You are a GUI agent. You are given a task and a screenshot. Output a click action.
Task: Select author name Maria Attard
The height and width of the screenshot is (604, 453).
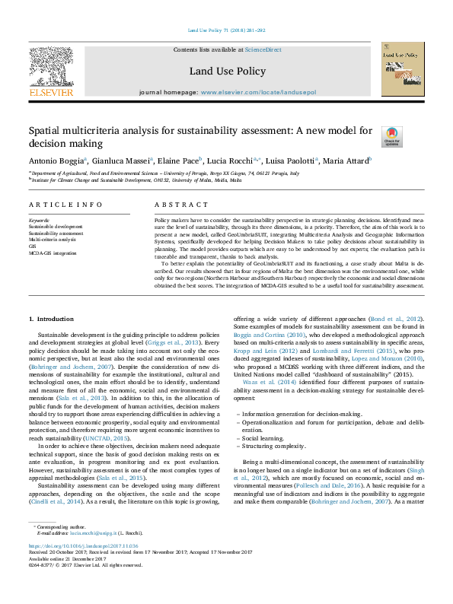coord(344,161)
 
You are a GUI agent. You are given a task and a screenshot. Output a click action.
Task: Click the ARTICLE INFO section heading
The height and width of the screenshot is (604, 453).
coord(65,205)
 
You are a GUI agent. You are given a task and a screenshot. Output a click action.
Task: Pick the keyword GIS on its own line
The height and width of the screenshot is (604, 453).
coord(32,246)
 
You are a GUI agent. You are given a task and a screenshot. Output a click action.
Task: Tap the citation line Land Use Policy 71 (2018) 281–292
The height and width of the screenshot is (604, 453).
coord(226,31)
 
